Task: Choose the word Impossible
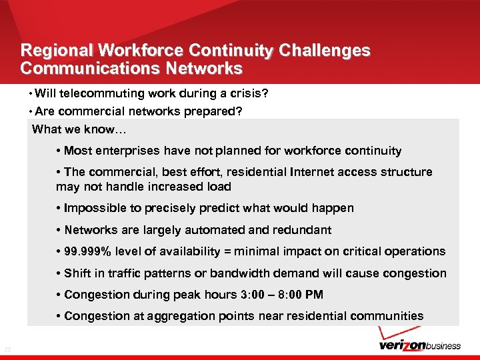94,208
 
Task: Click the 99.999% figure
90,251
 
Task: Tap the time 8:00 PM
297,295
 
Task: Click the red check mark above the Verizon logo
391,334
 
